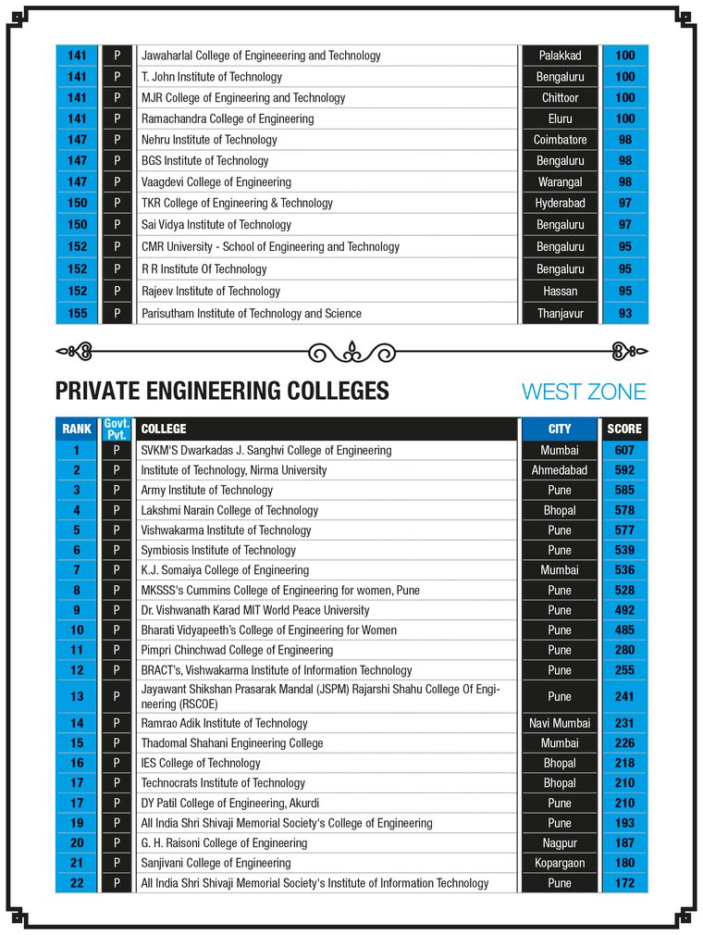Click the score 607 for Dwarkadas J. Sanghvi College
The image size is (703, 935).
pyautogui.click(x=625, y=450)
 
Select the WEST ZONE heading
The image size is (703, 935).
pyautogui.click(x=584, y=392)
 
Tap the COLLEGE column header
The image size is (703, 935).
pyautogui.click(x=164, y=429)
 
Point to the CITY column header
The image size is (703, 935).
pyautogui.click(x=560, y=429)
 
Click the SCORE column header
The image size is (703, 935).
pyautogui.click(x=624, y=429)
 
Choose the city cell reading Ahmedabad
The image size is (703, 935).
pyautogui.click(x=560, y=470)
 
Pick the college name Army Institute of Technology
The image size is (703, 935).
pyautogui.click(x=206, y=490)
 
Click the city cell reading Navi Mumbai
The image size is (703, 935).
pyautogui.click(x=560, y=723)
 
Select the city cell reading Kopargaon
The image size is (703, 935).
pyautogui.click(x=560, y=863)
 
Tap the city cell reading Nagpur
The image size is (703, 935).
pyautogui.click(x=560, y=842)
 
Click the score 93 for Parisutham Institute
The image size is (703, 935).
pyautogui.click(x=625, y=314)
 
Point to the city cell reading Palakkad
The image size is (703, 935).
pyautogui.click(x=560, y=56)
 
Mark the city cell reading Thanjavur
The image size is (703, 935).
pyautogui.click(x=560, y=314)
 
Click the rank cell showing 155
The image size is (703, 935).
pyautogui.click(x=78, y=314)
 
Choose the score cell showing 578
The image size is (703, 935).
pyautogui.click(x=625, y=510)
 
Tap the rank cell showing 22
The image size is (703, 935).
pyautogui.click(x=78, y=883)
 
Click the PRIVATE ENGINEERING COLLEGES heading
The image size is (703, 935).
pyautogui.click(x=222, y=391)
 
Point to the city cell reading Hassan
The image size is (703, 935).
pyautogui.click(x=560, y=291)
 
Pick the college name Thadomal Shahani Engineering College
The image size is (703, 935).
pyautogui.click(x=232, y=742)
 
